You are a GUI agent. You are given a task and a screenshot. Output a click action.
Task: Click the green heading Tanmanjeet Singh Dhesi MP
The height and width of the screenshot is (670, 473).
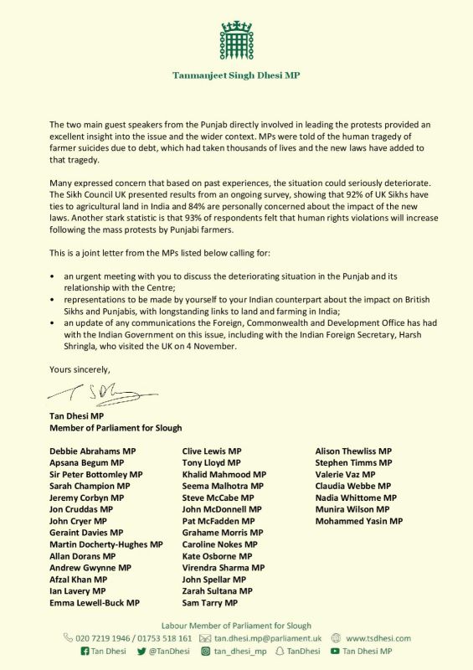(236, 75)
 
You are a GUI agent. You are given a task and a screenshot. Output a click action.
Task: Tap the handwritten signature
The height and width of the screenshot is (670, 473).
(100, 392)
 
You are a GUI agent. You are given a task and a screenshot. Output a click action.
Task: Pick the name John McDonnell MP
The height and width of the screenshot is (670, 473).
(222, 509)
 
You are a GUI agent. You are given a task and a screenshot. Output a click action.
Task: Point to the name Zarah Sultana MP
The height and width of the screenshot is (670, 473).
(217, 590)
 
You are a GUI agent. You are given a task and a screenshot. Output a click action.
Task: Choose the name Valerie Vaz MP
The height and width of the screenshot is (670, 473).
(346, 474)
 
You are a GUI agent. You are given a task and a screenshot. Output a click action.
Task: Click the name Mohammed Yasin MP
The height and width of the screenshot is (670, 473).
(358, 521)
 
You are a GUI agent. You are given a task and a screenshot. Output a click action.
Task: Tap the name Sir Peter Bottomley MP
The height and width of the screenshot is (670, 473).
(96, 474)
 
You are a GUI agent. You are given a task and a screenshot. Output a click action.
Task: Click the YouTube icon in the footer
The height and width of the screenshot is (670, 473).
(335, 651)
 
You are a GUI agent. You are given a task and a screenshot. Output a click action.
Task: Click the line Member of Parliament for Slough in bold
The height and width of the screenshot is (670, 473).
(109, 427)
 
